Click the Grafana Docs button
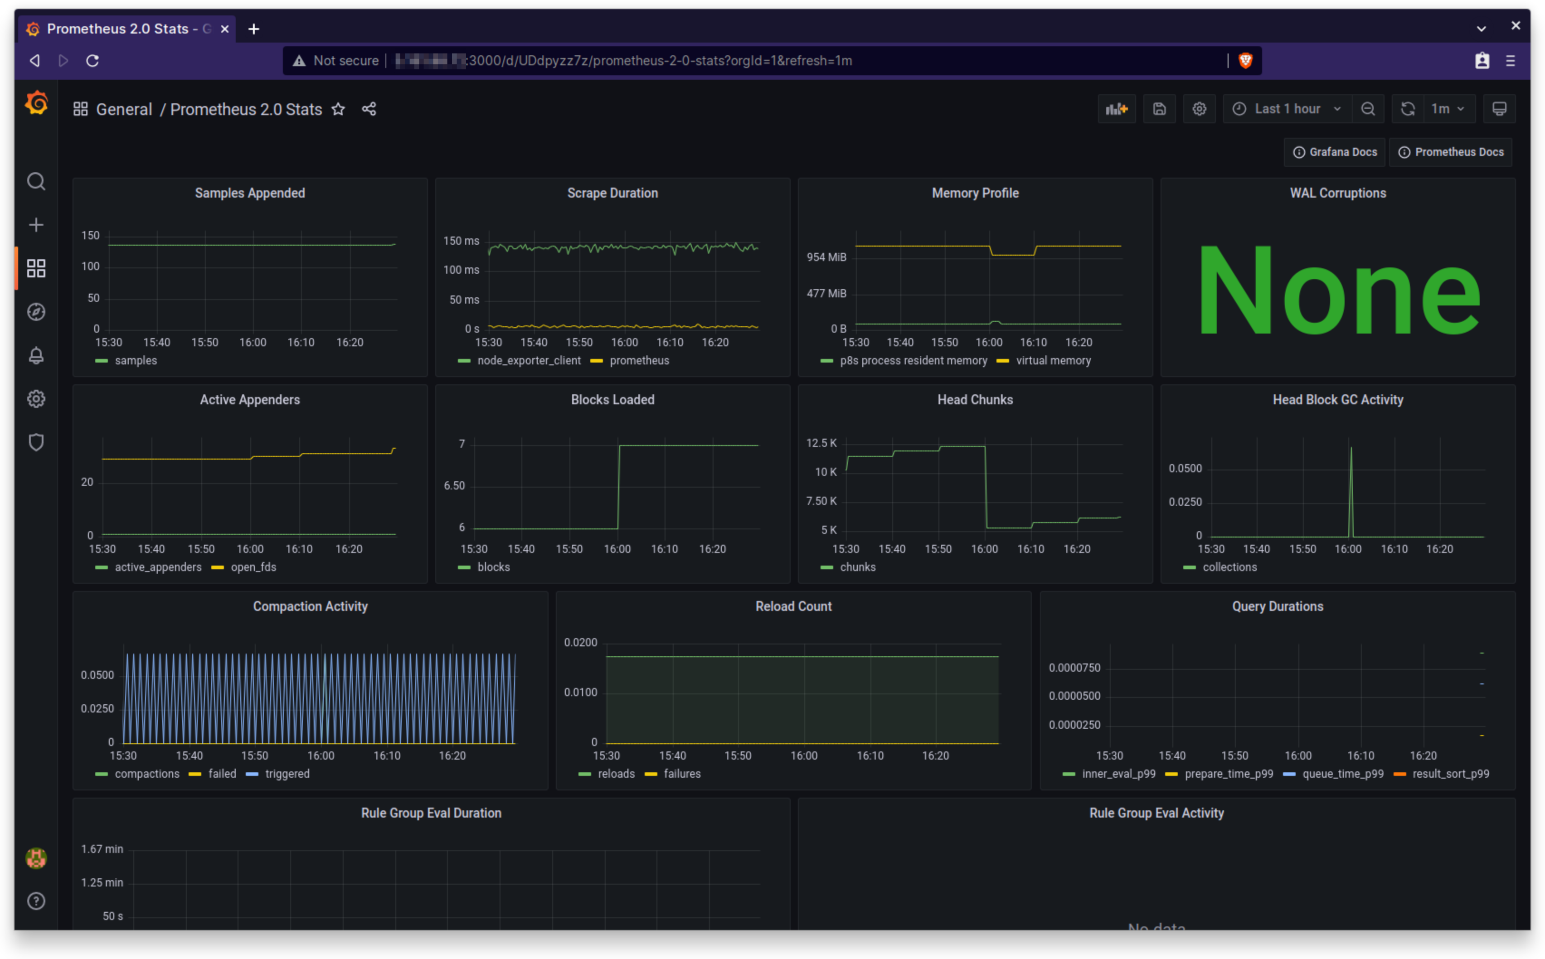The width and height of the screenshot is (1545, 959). [1335, 152]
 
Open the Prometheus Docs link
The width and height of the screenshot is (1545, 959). [1451, 152]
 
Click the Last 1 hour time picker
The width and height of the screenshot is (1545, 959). [1287, 109]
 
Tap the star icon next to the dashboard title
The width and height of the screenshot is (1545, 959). [338, 109]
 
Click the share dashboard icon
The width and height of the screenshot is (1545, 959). [369, 109]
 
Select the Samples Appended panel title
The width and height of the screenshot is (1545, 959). [250, 193]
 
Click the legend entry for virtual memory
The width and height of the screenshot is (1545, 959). [1053, 360]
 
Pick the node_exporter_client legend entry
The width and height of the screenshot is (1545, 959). [528, 360]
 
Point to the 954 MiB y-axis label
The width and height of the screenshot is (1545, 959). [826, 257]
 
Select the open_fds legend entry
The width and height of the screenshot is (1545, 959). [253, 567]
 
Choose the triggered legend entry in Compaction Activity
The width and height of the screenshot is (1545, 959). [287, 774]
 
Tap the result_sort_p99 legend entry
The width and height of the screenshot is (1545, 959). [1450, 774]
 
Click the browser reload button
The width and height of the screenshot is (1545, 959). [92, 61]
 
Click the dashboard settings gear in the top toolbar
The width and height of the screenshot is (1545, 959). [1199, 109]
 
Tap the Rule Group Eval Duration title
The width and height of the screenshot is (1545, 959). [431, 813]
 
